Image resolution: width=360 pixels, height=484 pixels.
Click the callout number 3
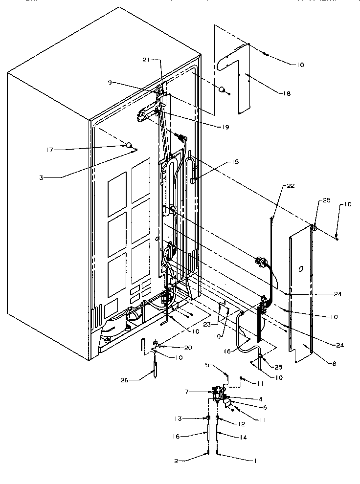43,178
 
